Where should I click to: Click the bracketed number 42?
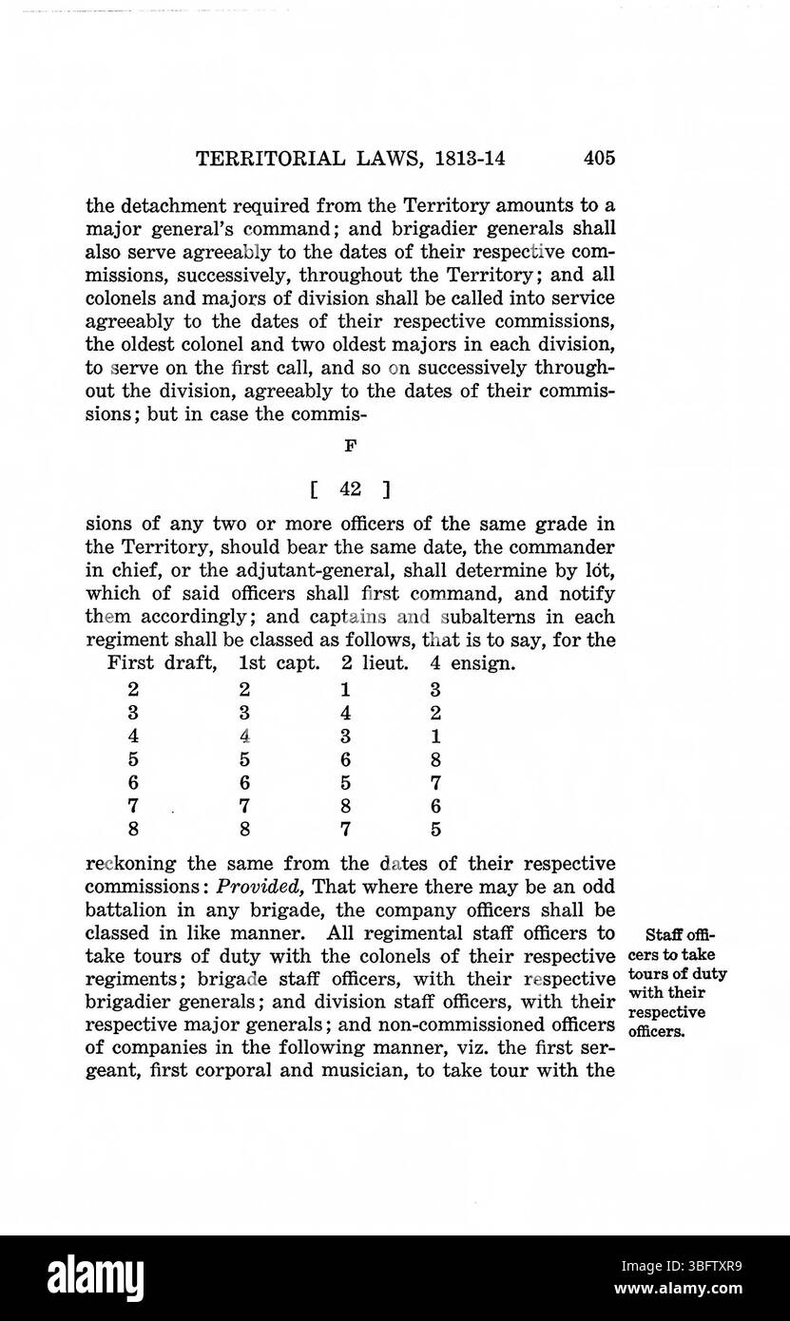coord(349,489)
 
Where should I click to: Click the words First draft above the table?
coord(163,662)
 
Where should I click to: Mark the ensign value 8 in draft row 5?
coord(434,759)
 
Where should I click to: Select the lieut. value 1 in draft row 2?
coord(346,688)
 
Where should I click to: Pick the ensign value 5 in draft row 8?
coord(434,829)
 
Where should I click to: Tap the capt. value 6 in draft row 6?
coord(244,782)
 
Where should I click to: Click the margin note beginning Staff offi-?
coord(677,982)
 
